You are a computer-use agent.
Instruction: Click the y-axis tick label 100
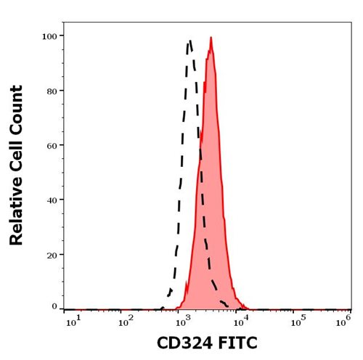pos(49,37)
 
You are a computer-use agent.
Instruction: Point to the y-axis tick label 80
pos(52,91)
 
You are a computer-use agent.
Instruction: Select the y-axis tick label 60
pos(52,146)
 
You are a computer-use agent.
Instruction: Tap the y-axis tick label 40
pos(52,200)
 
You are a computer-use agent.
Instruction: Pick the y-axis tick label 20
pos(52,255)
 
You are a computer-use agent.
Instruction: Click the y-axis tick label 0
pos(54,306)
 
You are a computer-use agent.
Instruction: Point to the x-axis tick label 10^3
pos(182,322)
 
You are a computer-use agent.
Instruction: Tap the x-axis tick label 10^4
pos(240,322)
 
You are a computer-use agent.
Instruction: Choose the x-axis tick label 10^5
pos(298,322)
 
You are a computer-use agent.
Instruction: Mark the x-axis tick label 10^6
pos(343,322)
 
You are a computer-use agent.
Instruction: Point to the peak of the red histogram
pos(211,37)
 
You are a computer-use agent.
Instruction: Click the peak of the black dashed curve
pos(189,41)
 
